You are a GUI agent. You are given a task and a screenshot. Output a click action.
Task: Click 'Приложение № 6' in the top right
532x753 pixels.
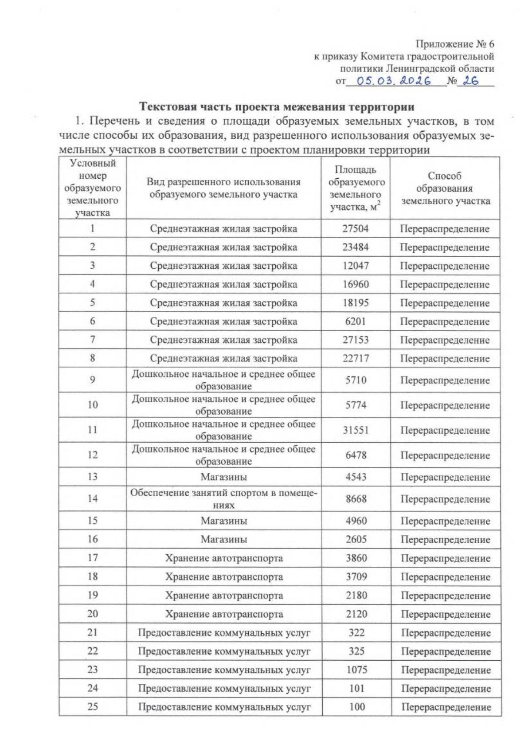pos(454,44)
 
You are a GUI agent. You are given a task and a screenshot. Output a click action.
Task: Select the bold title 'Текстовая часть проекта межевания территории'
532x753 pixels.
pos(277,107)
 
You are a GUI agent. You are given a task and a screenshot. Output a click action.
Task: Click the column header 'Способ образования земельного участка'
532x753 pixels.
pos(445,188)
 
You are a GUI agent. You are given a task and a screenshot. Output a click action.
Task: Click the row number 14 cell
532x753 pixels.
pos(93,498)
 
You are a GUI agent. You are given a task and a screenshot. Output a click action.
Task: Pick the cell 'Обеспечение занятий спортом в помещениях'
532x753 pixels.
pos(224,498)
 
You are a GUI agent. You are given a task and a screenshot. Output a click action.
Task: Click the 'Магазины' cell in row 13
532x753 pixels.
pos(224,477)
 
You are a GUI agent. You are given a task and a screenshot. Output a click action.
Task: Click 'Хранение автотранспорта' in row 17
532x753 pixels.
pos(224,558)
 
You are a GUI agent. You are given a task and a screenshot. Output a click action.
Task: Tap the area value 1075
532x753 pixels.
pos(356,670)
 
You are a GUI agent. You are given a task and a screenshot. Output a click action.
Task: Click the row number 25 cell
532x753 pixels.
pos(93,707)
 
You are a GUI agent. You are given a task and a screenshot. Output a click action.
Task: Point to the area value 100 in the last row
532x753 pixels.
pos(357,707)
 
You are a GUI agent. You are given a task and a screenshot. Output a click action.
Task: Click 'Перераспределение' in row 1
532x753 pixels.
pos(445,229)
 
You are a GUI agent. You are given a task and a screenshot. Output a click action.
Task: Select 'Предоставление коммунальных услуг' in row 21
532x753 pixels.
pos(224,633)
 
